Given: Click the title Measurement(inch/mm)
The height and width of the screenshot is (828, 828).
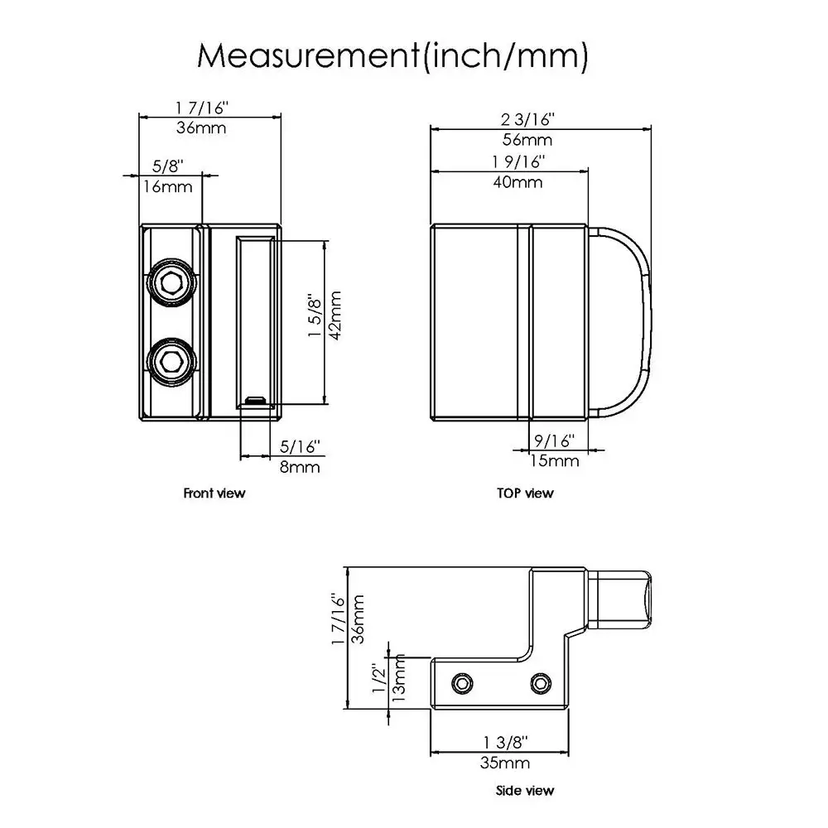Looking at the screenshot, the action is [x=392, y=55].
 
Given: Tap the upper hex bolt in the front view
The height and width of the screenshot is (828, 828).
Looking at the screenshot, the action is [x=171, y=282].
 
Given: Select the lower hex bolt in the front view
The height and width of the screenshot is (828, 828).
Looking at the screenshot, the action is [x=171, y=362].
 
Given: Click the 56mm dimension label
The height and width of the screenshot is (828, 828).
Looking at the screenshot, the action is [x=527, y=140].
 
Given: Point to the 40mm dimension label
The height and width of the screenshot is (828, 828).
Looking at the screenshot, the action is [x=517, y=182].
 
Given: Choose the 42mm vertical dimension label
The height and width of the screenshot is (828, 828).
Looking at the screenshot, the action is [x=335, y=315].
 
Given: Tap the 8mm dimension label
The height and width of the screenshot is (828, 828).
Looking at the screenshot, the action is [x=300, y=467].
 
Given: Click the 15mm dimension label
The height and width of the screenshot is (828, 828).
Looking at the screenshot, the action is [x=555, y=461].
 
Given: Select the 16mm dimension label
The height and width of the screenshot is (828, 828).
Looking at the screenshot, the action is [x=168, y=187].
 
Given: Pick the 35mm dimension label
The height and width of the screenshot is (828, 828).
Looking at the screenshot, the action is [x=505, y=763].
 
